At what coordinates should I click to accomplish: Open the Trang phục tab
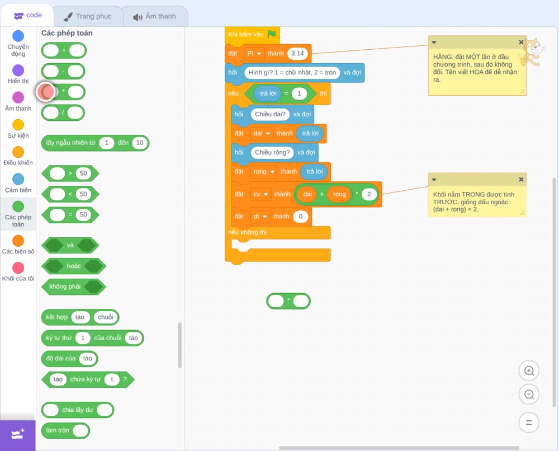point(88,16)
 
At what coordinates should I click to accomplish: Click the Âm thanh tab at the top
point(155,16)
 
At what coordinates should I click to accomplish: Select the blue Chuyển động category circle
point(18,36)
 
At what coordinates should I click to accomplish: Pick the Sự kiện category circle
point(18,125)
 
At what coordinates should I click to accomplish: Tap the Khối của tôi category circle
point(18,267)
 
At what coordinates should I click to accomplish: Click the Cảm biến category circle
point(18,179)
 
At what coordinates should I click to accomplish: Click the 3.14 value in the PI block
point(297,54)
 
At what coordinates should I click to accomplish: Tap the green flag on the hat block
point(272,34)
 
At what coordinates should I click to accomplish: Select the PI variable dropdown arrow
point(259,54)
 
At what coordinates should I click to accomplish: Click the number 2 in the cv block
point(369,194)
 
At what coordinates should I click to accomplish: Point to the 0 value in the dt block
point(301,216)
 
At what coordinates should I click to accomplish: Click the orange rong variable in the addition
point(339,194)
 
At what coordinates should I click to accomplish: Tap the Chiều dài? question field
point(270,114)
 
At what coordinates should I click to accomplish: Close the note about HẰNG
point(521,42)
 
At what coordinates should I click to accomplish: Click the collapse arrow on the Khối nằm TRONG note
point(434,180)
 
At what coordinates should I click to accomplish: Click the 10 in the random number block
point(139,143)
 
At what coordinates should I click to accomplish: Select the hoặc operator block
point(74,266)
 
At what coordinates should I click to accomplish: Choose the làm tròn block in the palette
point(65,430)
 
